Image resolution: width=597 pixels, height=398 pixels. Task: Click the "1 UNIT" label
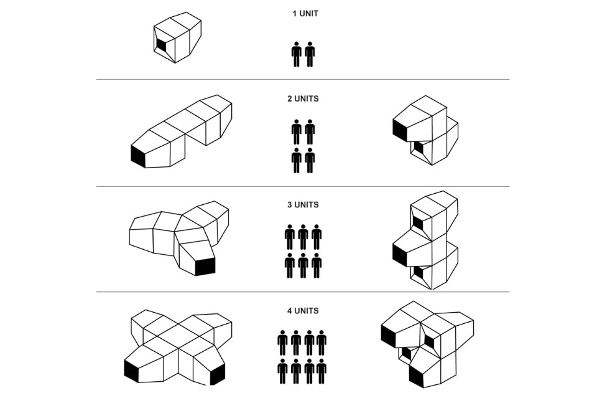coord(305,14)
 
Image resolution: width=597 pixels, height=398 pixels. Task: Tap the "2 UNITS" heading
coord(303,99)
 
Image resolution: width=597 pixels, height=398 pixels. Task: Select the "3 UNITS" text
coord(303,205)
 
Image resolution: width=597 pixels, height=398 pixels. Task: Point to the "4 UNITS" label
coord(303,311)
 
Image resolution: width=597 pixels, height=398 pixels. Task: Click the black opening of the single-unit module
coord(162,45)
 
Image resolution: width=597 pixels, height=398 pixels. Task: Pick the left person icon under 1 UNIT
coord(297,54)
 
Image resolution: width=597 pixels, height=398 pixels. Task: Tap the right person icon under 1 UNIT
coord(310,54)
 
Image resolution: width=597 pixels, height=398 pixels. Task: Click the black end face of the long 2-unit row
coord(138,156)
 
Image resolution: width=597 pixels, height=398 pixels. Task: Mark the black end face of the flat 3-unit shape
coord(205,267)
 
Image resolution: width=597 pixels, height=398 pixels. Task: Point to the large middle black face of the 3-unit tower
coord(400,255)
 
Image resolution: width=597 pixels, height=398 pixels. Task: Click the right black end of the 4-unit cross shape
coord(217,374)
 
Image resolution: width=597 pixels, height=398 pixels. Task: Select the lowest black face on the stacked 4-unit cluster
coord(417,376)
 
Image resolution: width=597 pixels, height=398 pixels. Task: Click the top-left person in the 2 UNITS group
coord(297,132)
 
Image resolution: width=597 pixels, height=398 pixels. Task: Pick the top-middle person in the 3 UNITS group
coord(303,237)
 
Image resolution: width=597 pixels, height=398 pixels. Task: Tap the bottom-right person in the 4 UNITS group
coord(322,371)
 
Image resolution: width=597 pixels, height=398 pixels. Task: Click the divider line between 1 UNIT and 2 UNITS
coord(303,79)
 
